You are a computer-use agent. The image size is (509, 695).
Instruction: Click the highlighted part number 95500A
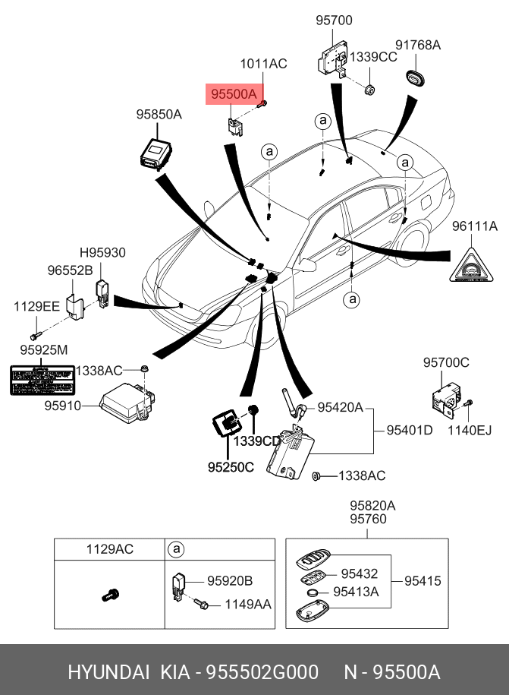[x=235, y=95]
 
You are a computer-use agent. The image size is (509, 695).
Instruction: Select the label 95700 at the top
[x=334, y=21]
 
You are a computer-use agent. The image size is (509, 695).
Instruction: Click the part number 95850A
[x=159, y=115]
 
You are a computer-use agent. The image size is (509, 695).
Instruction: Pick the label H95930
[x=103, y=253]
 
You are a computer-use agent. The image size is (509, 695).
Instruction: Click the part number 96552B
[x=70, y=270]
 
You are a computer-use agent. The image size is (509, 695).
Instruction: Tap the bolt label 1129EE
[x=36, y=306]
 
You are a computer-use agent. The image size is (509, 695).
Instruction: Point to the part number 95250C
[x=231, y=467]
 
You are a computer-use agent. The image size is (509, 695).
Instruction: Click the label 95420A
[x=340, y=407]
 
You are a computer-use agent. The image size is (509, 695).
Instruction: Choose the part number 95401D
[x=409, y=431]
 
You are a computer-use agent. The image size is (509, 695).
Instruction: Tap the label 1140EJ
[x=470, y=431]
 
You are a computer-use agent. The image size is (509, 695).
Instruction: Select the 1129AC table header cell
[x=109, y=549]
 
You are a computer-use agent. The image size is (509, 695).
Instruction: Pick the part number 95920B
[x=230, y=581]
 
